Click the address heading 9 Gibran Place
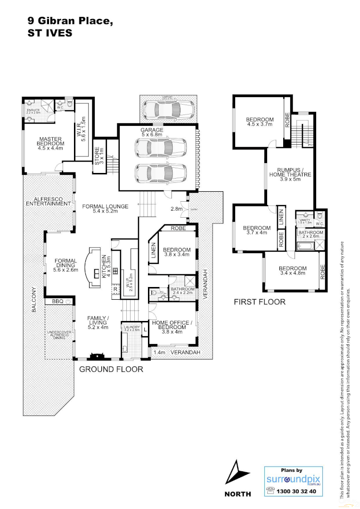[71, 21]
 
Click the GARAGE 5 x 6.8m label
[151, 133]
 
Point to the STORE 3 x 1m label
[100, 156]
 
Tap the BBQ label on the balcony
[57, 301]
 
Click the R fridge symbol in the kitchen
[115, 289]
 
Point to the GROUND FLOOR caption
[111, 369]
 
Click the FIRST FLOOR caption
[260, 302]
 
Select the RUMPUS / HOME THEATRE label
[284, 174]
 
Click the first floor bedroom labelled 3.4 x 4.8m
[293, 271]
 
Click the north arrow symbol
[237, 473]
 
